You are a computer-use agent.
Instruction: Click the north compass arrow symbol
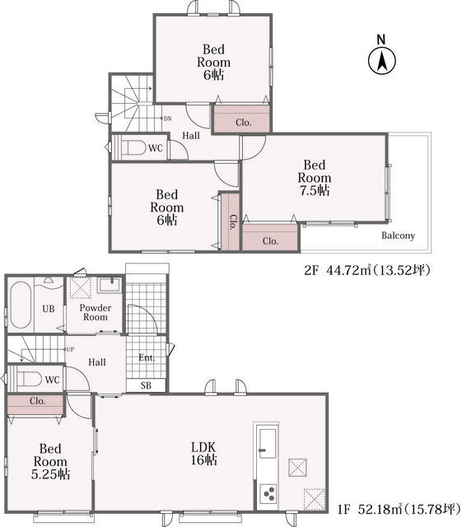point(382,61)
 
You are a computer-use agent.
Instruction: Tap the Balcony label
point(398,236)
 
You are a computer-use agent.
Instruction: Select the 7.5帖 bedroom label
point(315,178)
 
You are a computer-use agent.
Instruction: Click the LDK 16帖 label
point(203,454)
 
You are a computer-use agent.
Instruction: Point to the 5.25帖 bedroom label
point(50,461)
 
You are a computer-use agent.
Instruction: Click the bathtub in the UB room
point(20,305)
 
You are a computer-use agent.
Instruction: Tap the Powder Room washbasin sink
point(110,285)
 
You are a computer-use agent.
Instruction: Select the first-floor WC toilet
point(30,379)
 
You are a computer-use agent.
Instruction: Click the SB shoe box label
point(146,385)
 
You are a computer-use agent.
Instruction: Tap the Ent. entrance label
point(147,357)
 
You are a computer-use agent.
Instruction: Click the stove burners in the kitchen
point(268,494)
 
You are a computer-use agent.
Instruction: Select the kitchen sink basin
point(268,443)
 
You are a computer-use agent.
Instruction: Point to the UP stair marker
point(70,349)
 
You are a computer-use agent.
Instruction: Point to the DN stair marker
point(167,119)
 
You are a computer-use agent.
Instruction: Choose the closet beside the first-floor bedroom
point(35,405)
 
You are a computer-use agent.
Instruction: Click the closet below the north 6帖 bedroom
point(242,119)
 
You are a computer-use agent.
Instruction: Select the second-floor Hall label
point(191,136)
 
